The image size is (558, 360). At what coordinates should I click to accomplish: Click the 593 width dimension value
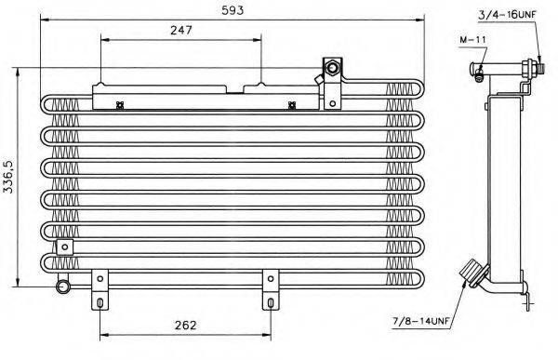click(232, 10)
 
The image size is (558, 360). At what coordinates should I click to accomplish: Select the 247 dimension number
click(181, 31)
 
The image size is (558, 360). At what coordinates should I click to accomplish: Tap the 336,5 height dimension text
click(7, 177)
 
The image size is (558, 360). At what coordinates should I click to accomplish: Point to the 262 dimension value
click(185, 325)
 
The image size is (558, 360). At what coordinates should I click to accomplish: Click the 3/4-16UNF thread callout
click(507, 15)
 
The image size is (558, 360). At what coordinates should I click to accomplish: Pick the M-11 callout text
click(472, 39)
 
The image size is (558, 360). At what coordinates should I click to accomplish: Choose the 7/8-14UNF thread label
click(422, 322)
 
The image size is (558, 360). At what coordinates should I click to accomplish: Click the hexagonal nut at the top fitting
click(332, 67)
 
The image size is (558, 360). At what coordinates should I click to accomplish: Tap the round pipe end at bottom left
click(63, 287)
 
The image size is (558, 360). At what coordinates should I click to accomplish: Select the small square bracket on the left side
click(65, 247)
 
